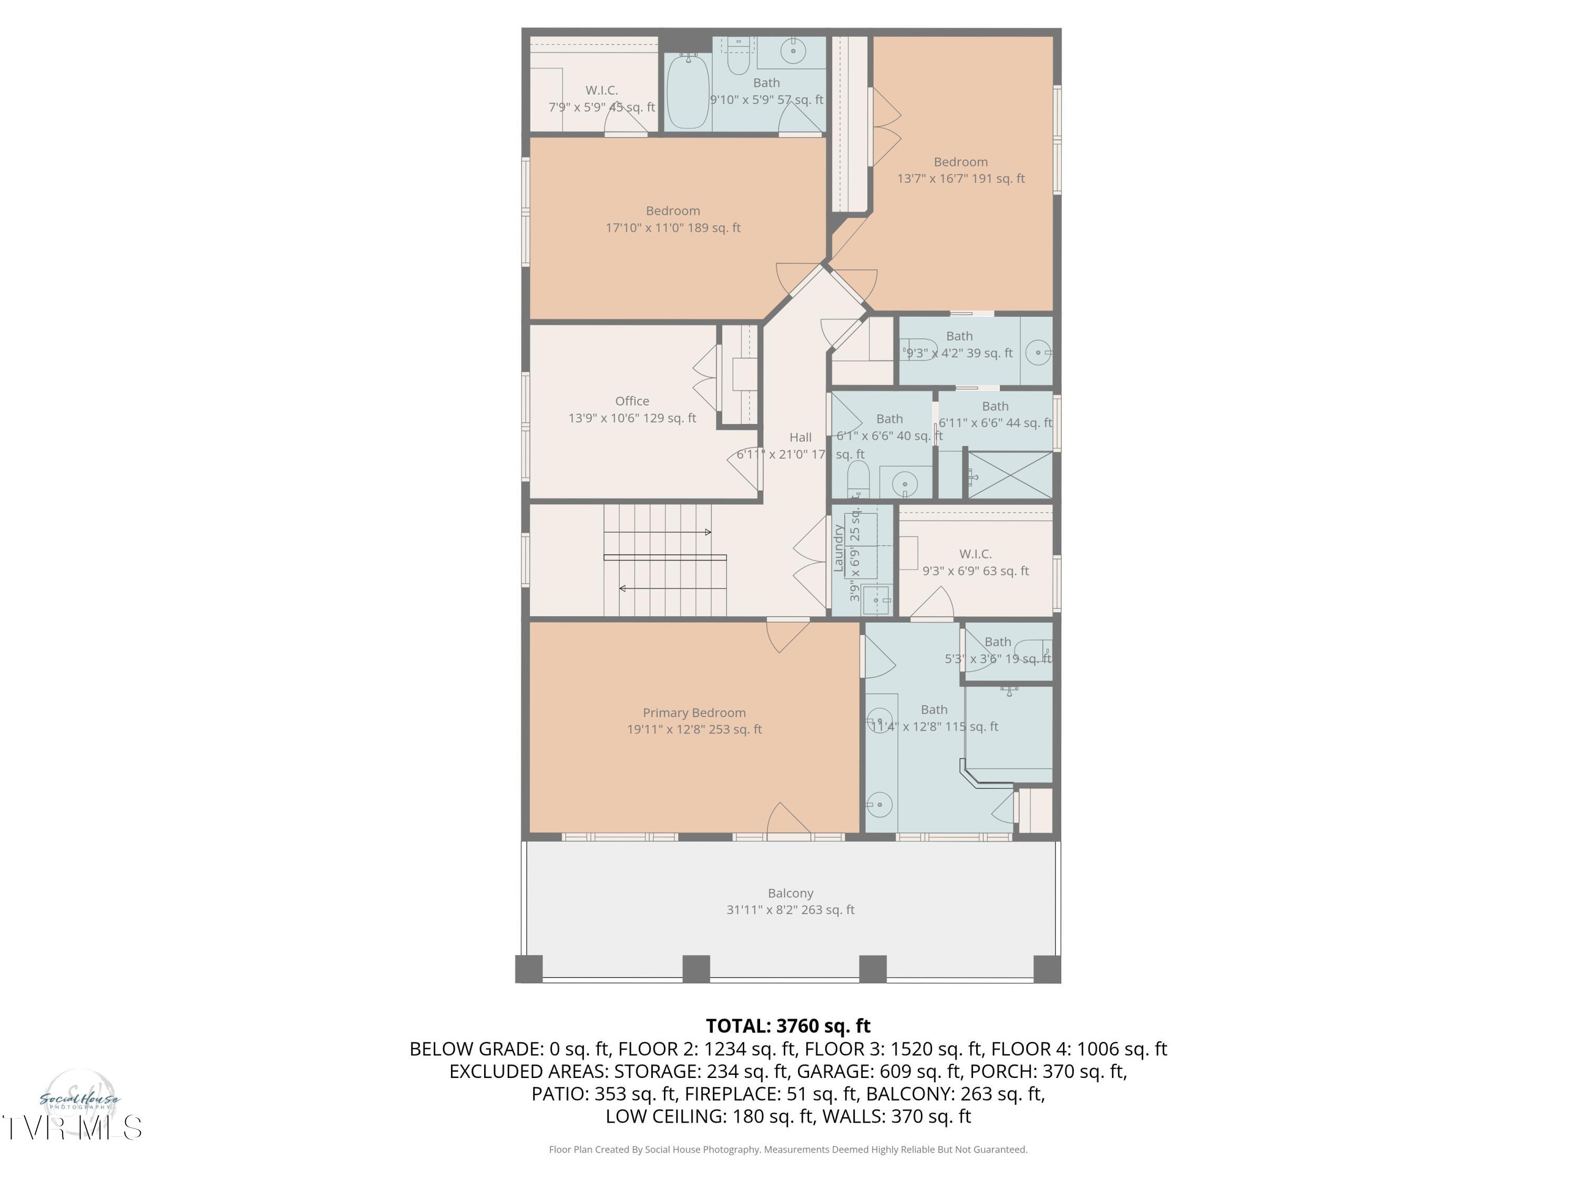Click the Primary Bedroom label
click(694, 712)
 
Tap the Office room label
click(632, 401)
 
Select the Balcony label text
click(790, 893)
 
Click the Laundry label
click(839, 548)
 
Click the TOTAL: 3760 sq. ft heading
click(788, 1026)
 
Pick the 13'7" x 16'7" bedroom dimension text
click(960, 179)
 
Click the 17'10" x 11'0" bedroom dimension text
click(672, 228)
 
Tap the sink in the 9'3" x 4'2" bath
click(1038, 352)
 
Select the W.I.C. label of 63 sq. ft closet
click(975, 554)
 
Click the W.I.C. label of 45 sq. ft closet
click(601, 90)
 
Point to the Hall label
click(800, 438)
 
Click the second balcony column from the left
click(696, 969)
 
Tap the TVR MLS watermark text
click(71, 1128)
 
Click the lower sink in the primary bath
click(880, 804)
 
